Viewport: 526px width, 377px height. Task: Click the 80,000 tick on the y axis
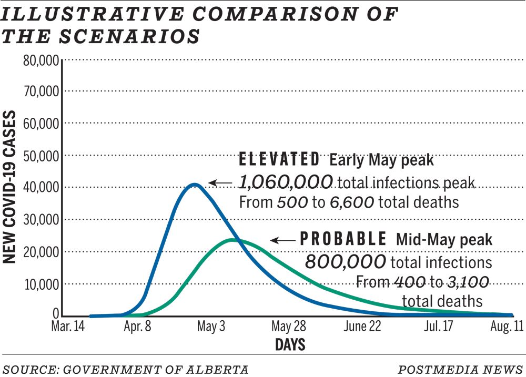tap(42, 59)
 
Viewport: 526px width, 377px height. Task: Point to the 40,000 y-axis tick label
tap(42, 188)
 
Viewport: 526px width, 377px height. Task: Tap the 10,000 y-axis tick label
tap(42, 284)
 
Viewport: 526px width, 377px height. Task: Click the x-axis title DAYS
tap(290, 345)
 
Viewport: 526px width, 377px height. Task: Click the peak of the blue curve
tap(194, 185)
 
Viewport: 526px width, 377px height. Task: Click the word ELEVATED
tap(279, 159)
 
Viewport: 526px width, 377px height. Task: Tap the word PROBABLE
tap(343, 240)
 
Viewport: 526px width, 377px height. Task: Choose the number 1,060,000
tap(286, 182)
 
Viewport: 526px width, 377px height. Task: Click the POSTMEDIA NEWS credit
tap(460, 369)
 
